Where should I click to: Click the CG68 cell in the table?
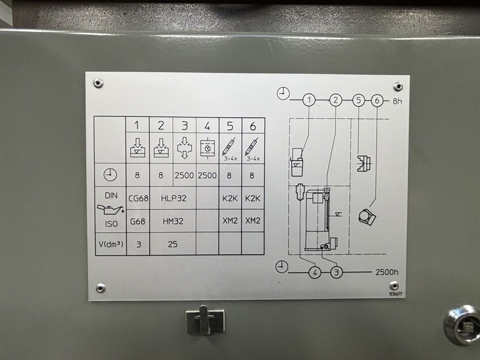pos(138,199)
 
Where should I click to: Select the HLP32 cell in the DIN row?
pos(173,199)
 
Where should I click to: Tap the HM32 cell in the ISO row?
pos(173,221)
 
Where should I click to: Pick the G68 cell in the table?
pos(138,221)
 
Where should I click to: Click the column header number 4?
pos(207,126)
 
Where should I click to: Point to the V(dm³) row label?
pos(111,244)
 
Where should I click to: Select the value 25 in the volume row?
pos(173,244)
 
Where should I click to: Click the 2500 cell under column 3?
pos(184,175)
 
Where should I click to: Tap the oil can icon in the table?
pos(111,209)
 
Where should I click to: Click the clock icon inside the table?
pos(110,175)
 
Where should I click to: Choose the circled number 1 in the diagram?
pos(309,100)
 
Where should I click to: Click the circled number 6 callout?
pos(377,100)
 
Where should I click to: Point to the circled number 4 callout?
pos(315,272)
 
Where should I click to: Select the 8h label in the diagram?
pos(397,101)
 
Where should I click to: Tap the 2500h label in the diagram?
pos(387,272)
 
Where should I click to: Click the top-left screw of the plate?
pos(98,83)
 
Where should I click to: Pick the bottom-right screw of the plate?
pos(394,286)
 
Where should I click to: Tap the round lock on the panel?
pos(463,325)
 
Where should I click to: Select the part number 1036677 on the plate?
pos(395,294)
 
